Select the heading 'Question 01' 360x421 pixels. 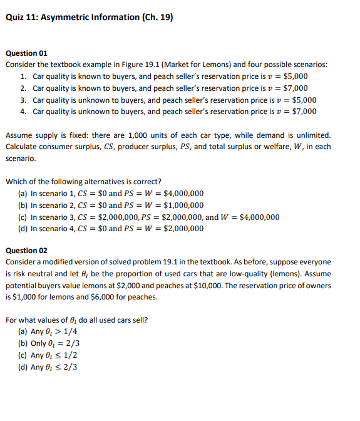pyautogui.click(x=26, y=53)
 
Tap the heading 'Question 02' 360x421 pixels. pyautogui.click(x=26, y=251)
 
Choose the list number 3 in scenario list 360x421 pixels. pyautogui.click(x=23, y=100)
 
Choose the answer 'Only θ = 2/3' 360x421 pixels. pyautogui.click(x=56, y=343)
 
